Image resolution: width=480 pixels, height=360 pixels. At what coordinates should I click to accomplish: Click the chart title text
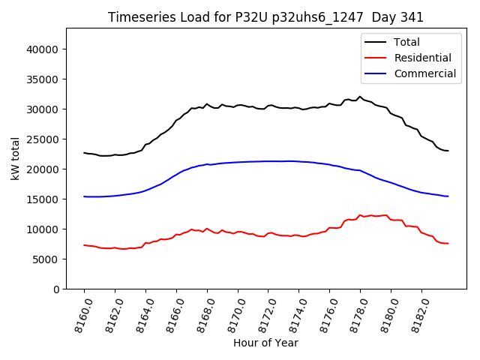(265, 17)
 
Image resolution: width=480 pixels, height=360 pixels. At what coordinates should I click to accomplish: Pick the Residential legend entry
(422, 58)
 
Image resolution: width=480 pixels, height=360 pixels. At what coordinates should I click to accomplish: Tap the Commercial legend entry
(425, 73)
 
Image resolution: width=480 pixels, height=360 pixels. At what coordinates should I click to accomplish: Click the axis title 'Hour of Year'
(265, 343)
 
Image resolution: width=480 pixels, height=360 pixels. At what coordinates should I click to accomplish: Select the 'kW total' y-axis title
(16, 159)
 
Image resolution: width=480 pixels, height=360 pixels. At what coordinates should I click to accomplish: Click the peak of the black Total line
(360, 97)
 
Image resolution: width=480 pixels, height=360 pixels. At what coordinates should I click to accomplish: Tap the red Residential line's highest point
(360, 214)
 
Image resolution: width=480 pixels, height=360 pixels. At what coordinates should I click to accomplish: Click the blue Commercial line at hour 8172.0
(268, 161)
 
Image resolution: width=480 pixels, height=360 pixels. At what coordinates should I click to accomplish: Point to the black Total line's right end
(448, 151)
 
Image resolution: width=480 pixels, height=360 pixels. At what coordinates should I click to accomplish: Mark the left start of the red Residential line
(84, 245)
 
